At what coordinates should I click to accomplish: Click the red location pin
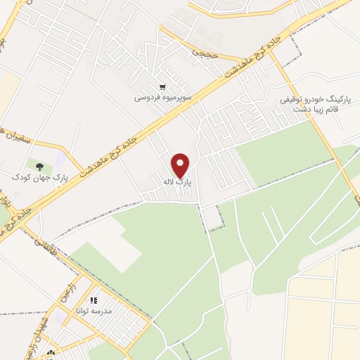[181, 165]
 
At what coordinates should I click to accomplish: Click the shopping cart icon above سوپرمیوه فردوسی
[163, 87]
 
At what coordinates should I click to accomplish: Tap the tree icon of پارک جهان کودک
[39, 166]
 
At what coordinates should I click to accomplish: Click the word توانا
[84, 311]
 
